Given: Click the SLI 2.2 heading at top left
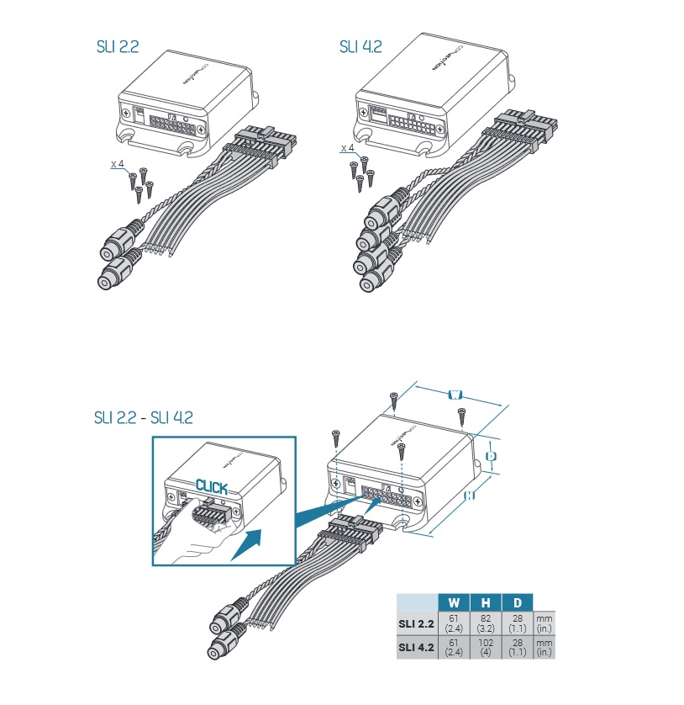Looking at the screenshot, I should click(117, 46).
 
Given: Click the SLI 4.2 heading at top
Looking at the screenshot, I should click(360, 46).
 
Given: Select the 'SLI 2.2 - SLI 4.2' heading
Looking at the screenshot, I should click(143, 418).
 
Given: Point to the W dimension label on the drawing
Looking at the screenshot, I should click(455, 394).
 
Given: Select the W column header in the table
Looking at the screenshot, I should click(454, 602).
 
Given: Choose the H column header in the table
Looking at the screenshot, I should click(486, 602).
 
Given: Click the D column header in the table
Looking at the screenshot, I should click(517, 602).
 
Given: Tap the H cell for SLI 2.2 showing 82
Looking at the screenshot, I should click(486, 623).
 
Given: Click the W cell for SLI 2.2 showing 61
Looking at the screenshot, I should click(454, 623).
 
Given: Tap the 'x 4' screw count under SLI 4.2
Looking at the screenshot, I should click(347, 148).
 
